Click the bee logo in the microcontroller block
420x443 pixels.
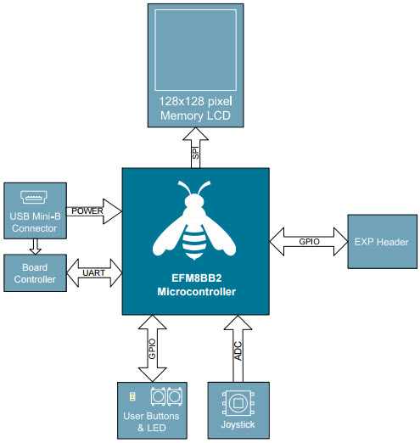click(194, 221)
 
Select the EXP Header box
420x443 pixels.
click(382, 241)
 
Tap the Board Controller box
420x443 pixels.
click(35, 272)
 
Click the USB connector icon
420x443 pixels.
click(34, 197)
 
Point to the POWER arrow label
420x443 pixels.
click(87, 210)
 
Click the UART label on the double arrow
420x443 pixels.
click(93, 272)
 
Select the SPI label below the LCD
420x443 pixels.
click(195, 153)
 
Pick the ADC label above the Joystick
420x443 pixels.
click(238, 351)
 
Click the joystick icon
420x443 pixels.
click(238, 403)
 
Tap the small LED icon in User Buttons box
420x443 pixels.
click(132, 396)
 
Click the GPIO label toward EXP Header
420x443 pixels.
click(309, 241)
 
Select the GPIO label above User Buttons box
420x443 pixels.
click(152, 349)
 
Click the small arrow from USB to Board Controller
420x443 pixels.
click(36, 246)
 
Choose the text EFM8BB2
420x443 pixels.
click(196, 278)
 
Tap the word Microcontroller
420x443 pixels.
click(196, 292)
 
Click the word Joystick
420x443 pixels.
click(238, 424)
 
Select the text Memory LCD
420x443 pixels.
click(195, 115)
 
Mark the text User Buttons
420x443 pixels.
click(151, 416)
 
